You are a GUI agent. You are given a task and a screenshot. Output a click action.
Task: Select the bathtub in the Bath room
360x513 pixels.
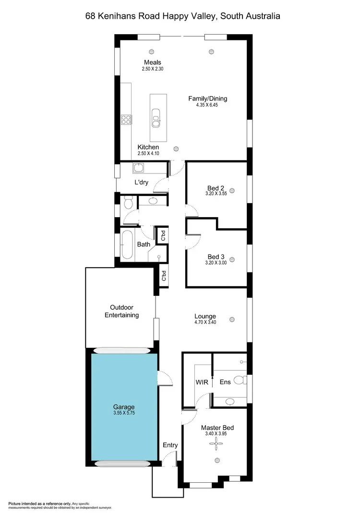127,245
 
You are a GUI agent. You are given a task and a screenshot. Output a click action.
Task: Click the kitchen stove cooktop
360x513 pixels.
126,119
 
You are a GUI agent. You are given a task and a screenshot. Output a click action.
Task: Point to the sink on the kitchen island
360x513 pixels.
156,117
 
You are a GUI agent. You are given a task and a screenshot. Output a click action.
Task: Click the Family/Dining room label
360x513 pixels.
207,99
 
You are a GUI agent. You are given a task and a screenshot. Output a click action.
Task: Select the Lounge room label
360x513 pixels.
205,316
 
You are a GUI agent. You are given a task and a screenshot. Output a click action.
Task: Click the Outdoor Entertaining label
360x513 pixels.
124,311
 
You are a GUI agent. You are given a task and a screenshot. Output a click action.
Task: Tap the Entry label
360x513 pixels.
170,445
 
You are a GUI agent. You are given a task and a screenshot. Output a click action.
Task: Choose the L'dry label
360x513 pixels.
141,183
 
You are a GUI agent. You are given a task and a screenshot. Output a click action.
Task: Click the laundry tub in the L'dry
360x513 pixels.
139,168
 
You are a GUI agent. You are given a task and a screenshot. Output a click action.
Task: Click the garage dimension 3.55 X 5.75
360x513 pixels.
124,413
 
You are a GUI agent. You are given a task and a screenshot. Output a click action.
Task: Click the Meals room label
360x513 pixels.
153,62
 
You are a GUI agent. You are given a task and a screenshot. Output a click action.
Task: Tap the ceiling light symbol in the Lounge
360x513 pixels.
232,318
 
